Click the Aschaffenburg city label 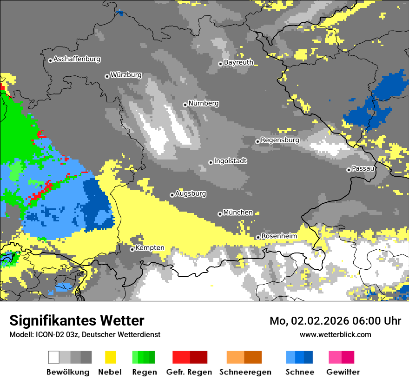(x=77, y=60)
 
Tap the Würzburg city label (x=126, y=75)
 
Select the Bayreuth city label (x=238, y=62)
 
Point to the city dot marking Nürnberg (x=185, y=105)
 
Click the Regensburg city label (x=280, y=140)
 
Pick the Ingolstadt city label (x=231, y=161)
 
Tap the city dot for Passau (x=349, y=170)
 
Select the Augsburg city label (x=191, y=193)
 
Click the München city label (x=238, y=213)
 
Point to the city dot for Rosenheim (x=258, y=237)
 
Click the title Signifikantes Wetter (x=77, y=321)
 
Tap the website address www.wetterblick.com (x=335, y=334)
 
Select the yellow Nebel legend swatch (x=110, y=357)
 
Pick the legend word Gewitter (x=343, y=372)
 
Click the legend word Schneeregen (x=245, y=372)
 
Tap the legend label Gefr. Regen (x=189, y=372)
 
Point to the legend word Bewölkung (x=68, y=372)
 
